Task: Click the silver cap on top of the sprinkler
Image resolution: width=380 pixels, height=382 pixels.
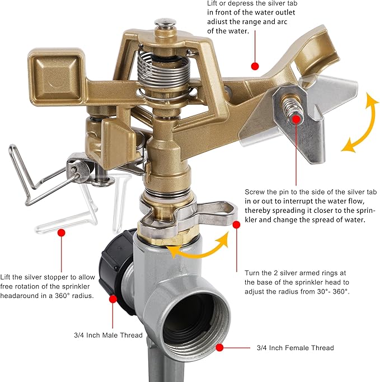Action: click(166, 22)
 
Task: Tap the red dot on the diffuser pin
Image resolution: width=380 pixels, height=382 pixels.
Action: click(296, 119)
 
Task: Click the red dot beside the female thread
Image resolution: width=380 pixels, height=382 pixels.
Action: click(219, 347)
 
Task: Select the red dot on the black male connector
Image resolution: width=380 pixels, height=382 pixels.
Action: click(112, 299)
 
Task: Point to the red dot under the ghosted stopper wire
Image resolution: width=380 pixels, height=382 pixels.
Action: click(62, 232)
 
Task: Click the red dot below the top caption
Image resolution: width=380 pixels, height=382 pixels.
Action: click(255, 66)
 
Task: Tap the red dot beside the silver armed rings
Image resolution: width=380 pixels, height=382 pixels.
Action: click(236, 225)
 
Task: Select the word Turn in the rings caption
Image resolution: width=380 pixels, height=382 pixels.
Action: click(252, 273)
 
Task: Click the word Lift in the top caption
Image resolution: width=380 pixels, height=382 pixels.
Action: click(212, 3)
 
